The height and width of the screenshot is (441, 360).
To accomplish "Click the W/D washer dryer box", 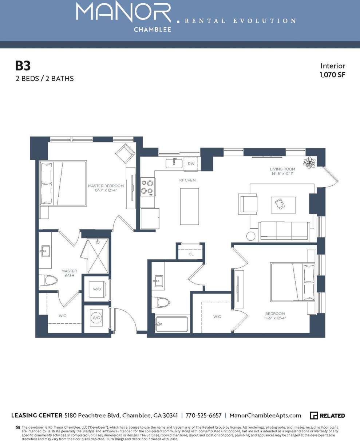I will (x=97, y=289).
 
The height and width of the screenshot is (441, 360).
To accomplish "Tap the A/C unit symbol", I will (x=96, y=318).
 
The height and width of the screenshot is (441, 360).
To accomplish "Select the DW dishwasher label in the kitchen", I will (x=191, y=164).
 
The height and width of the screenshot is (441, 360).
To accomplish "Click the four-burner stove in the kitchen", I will (x=148, y=186).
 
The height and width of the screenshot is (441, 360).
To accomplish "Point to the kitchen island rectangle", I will (x=189, y=206).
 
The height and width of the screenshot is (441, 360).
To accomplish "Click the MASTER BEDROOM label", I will (x=106, y=186).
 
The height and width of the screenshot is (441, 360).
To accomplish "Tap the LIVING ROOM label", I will (x=282, y=169).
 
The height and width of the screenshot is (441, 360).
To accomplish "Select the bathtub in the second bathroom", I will (x=172, y=324).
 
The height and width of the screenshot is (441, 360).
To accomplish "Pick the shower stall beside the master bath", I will (x=98, y=256).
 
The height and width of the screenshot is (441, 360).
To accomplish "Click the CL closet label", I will (x=191, y=254).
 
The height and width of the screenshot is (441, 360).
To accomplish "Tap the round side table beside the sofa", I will (x=251, y=236).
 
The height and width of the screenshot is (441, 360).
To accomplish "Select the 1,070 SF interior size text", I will (x=332, y=75).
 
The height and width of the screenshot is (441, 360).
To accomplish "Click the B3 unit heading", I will (x=23, y=66).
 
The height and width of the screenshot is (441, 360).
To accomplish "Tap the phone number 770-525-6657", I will (x=203, y=416).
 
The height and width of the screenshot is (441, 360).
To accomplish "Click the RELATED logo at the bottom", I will (x=327, y=416).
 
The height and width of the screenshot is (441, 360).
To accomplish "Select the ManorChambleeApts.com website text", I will (x=265, y=416).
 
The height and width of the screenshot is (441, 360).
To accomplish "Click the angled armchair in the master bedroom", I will (x=125, y=153).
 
